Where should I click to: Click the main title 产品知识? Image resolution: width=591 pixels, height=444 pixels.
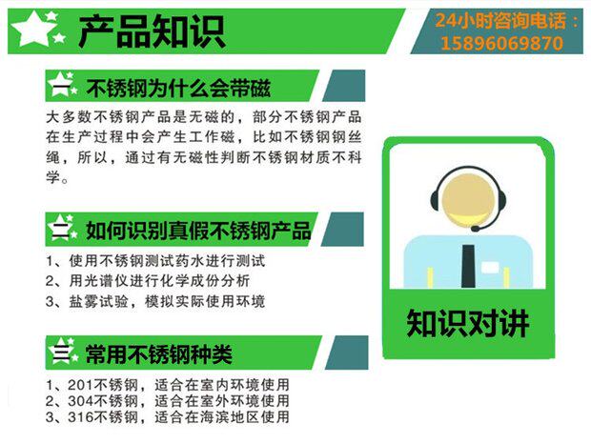coord(152,31)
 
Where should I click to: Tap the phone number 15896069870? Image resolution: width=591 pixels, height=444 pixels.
coord(501,43)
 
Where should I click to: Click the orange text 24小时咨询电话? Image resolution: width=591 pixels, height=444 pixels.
coord(500,20)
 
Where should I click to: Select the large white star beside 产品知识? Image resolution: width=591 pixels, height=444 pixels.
coord(31,29)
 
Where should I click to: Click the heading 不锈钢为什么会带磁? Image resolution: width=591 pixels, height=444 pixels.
coord(178,88)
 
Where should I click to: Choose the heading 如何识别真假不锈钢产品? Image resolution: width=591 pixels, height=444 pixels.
coord(198,230)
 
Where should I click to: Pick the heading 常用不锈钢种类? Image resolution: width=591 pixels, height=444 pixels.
coord(158,354)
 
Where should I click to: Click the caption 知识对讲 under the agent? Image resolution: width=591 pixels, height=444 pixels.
coord(467,323)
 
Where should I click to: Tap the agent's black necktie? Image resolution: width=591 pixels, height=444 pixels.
coord(468,266)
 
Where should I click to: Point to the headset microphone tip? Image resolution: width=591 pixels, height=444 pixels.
coord(475,229)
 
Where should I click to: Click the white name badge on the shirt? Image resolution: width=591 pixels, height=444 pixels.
coord(490,268)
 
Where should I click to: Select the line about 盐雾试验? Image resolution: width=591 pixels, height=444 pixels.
coord(155,301)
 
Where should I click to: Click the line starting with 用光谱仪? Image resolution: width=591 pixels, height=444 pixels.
coord(148,281)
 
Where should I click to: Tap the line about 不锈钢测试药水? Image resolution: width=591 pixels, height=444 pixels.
coord(155,261)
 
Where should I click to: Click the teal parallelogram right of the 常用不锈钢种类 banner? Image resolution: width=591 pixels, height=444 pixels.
coord(346,353)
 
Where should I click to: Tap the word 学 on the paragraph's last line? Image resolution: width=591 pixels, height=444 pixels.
coord(53,176)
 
